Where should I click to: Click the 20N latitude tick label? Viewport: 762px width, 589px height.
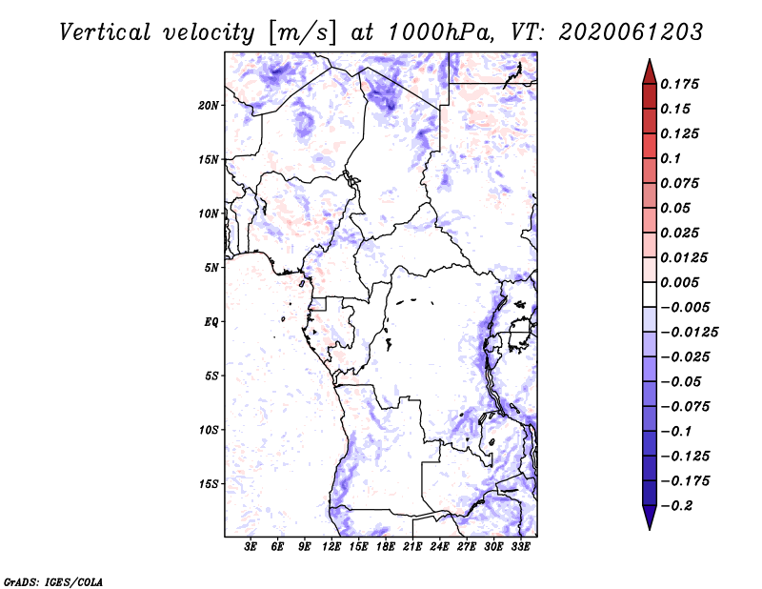click(209, 105)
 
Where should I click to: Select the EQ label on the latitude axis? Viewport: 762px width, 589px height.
click(211, 322)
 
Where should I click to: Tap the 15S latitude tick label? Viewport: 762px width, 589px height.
click(209, 484)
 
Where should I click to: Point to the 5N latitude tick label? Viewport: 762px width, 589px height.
click(211, 268)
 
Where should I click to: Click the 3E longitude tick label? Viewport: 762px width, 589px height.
click(251, 547)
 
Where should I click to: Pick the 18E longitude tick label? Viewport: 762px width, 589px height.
click(386, 547)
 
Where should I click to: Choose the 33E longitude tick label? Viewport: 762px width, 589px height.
click(520, 547)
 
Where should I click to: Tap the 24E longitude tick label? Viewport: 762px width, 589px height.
click(439, 547)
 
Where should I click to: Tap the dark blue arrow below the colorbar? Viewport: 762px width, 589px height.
click(649, 518)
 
